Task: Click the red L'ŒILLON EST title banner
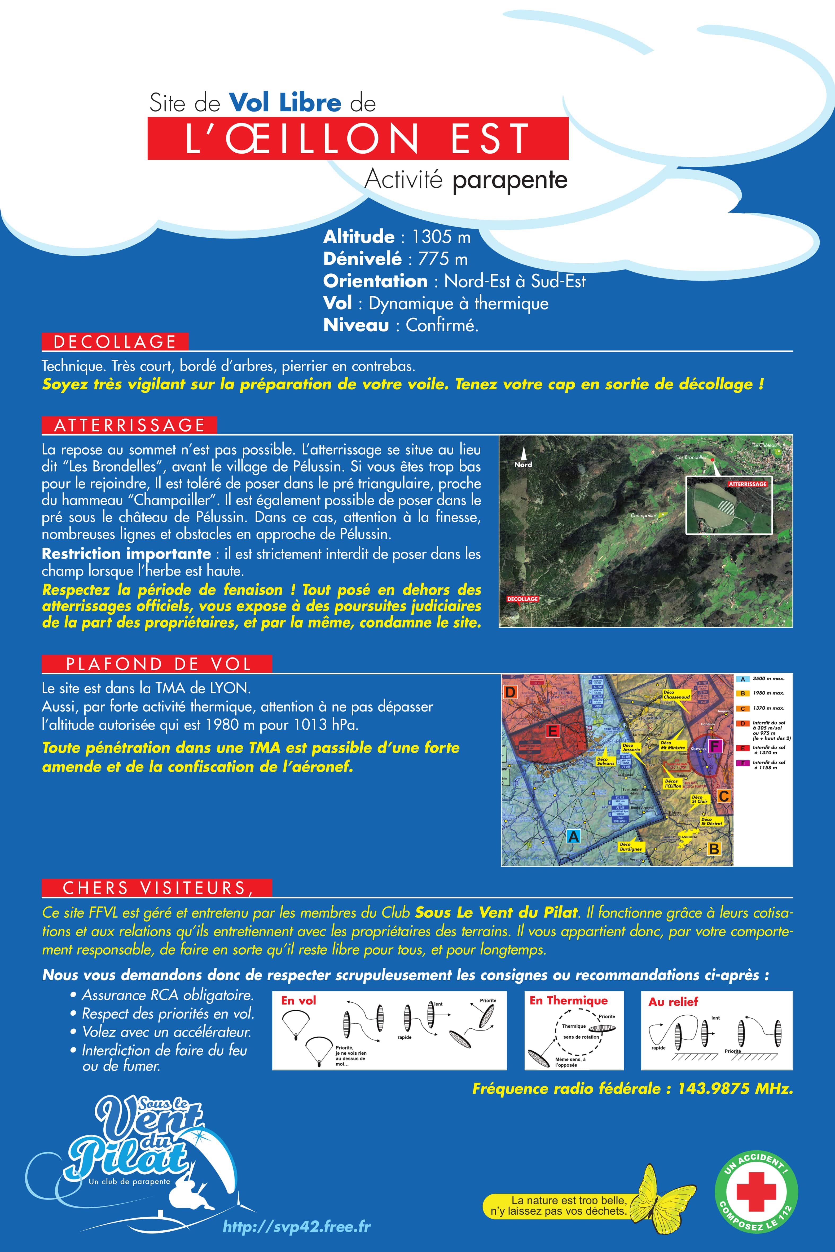tap(358, 138)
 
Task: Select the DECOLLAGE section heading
tap(115, 342)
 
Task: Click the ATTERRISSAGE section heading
tap(129, 425)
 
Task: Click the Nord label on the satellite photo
tap(523, 464)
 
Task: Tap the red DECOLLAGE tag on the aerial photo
tap(522, 599)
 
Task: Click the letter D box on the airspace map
tap(510, 692)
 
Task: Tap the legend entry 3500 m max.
tap(768, 679)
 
